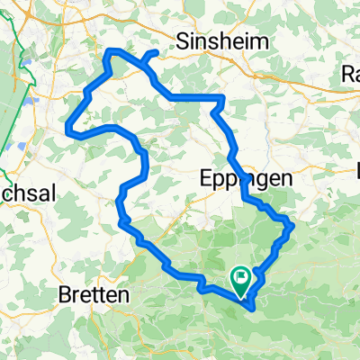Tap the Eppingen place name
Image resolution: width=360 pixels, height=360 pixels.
pos(244,179)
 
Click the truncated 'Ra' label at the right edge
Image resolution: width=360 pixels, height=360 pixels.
pos(351,73)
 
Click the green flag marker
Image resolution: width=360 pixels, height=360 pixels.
pos(241,278)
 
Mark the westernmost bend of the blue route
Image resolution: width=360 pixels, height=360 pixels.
pos(68,131)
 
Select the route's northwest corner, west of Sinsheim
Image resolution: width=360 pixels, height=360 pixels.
pos(109,52)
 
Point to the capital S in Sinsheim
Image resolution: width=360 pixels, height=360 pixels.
pos(184,40)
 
